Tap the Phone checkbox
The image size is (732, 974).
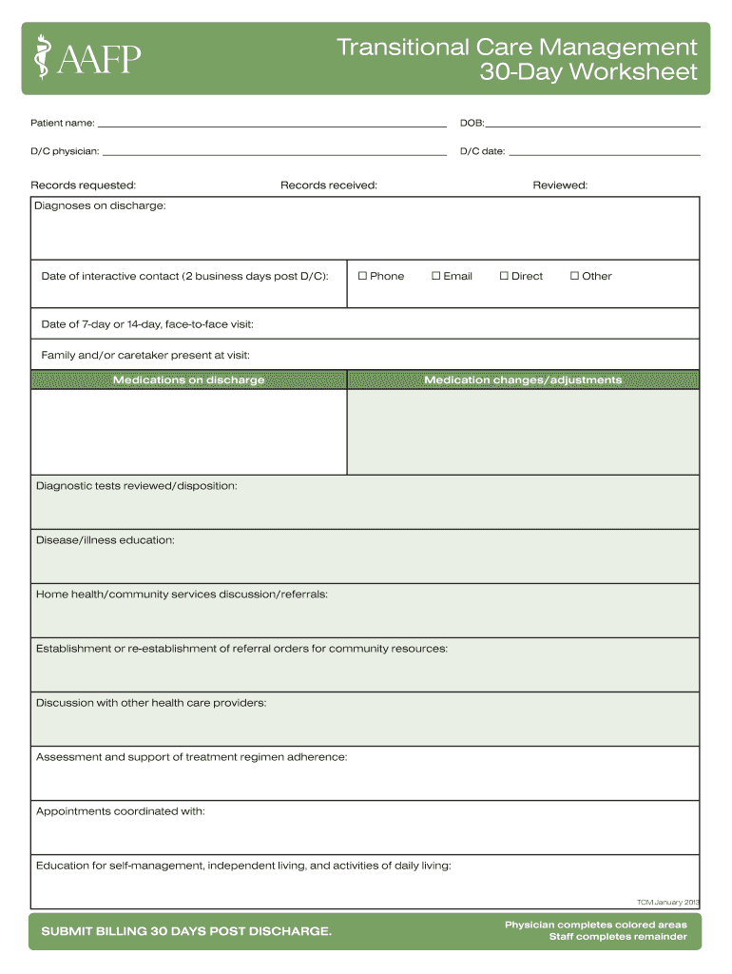[x=362, y=276]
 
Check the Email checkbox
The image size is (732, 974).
[x=436, y=276]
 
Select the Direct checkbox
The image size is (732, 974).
[x=504, y=276]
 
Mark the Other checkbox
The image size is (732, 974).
[x=574, y=276]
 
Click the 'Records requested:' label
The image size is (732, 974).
[x=84, y=185]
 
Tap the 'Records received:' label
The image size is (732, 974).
[x=329, y=185]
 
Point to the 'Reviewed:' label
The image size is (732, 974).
[x=560, y=185]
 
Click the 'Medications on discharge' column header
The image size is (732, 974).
[x=189, y=380]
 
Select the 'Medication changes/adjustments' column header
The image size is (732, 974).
[x=523, y=380]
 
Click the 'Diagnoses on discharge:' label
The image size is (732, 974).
[x=100, y=205]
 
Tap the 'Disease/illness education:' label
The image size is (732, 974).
[x=106, y=540]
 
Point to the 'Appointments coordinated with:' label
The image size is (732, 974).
[x=121, y=811]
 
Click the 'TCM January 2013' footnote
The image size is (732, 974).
[x=666, y=901]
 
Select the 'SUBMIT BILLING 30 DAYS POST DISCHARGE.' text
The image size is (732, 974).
[x=186, y=931]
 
